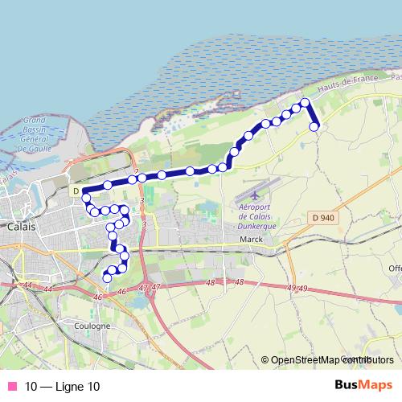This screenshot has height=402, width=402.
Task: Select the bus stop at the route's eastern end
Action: coord(314,125)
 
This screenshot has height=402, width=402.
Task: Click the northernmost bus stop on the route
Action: coord(305,102)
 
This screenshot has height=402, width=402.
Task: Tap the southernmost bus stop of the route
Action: coord(107,278)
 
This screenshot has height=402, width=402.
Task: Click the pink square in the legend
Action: coord(12,386)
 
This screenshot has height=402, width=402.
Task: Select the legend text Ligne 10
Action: coord(63,386)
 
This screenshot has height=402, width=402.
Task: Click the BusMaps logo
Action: coord(363,385)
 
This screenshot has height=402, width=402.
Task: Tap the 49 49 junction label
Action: coord(297,288)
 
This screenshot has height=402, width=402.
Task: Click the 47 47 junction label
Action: coord(150,287)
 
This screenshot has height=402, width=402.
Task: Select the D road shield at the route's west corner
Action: coord(75,191)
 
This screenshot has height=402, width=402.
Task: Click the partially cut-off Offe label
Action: coord(394,269)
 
